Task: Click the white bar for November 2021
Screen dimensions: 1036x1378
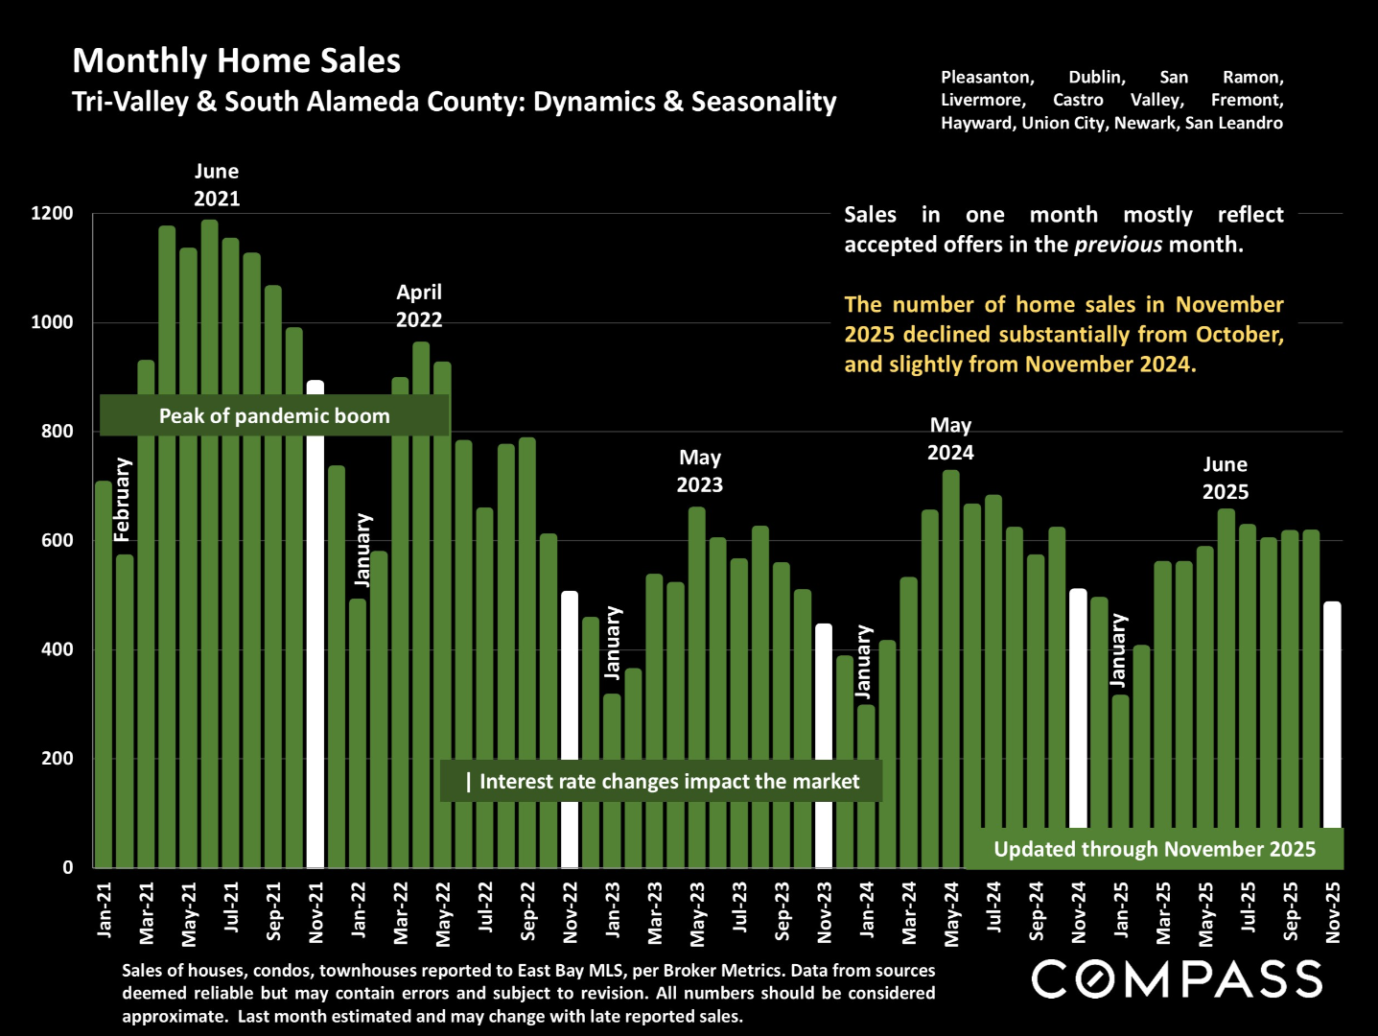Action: click(x=315, y=624)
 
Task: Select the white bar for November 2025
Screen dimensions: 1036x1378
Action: click(x=1332, y=715)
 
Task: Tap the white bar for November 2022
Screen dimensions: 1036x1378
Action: click(x=570, y=729)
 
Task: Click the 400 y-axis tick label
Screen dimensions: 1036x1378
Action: click(x=57, y=649)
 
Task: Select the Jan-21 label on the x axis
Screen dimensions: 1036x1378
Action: click(x=105, y=909)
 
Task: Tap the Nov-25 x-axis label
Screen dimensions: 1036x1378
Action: click(x=1333, y=912)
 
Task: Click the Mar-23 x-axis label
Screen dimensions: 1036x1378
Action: click(x=655, y=912)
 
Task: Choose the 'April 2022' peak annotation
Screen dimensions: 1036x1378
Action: click(x=419, y=306)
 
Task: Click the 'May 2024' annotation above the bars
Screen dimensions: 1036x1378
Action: click(x=950, y=438)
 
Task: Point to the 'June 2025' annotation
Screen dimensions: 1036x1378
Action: click(x=1226, y=478)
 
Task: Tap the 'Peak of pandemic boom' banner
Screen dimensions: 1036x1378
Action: click(x=274, y=415)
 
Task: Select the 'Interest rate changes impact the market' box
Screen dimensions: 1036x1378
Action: click(x=661, y=782)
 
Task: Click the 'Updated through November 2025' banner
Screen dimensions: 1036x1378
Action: click(x=1154, y=849)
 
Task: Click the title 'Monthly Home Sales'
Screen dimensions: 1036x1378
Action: click(x=237, y=60)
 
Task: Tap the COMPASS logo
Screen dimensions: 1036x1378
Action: click(x=1177, y=979)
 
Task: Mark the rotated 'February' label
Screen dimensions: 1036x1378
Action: click(x=122, y=500)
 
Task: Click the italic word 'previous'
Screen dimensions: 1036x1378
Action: click(x=1118, y=245)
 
